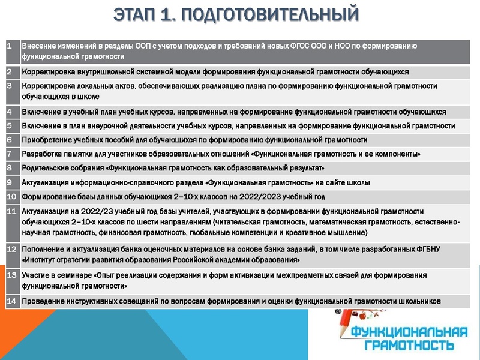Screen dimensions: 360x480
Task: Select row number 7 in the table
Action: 10,154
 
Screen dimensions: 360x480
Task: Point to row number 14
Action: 11,301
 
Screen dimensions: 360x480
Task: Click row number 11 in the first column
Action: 11,211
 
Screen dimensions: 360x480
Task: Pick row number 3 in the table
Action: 10,86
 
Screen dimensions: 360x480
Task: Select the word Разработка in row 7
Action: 41,154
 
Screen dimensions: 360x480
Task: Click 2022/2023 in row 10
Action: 274,196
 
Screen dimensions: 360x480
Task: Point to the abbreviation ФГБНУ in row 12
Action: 430,249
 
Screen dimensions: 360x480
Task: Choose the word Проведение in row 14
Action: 44,301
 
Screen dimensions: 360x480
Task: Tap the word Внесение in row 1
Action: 40,46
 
